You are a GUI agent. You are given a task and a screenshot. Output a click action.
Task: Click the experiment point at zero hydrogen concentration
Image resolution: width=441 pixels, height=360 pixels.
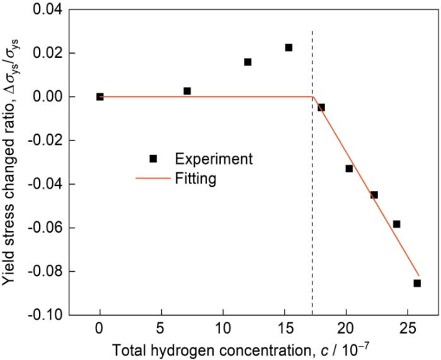click(x=100, y=96)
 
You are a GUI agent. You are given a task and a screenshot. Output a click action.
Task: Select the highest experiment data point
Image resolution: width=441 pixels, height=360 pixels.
click(x=289, y=47)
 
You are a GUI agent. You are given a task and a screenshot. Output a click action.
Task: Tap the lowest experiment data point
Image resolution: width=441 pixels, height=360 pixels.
click(x=417, y=283)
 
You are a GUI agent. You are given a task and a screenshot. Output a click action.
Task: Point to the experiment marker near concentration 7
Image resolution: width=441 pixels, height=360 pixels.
click(x=187, y=91)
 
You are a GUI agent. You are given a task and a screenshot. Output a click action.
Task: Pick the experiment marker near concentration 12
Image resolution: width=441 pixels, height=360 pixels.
click(x=248, y=62)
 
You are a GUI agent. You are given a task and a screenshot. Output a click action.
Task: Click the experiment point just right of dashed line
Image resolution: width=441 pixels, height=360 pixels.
click(x=321, y=107)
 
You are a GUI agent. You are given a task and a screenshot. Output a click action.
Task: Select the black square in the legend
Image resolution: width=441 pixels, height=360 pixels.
click(x=153, y=158)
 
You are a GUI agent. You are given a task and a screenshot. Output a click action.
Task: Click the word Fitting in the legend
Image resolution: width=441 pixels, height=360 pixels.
click(x=196, y=179)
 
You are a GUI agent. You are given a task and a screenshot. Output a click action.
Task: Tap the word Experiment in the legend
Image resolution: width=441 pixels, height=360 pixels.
click(x=214, y=158)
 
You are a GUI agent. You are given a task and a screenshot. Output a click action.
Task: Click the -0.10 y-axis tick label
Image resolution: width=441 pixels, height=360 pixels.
click(x=45, y=315)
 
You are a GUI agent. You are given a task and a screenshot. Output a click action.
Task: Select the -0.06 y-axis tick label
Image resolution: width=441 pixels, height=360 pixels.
click(x=45, y=228)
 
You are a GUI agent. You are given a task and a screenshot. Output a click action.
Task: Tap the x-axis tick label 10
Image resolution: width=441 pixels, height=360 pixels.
click(x=222, y=328)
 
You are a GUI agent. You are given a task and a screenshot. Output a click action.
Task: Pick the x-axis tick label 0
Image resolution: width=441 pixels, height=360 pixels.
click(x=100, y=328)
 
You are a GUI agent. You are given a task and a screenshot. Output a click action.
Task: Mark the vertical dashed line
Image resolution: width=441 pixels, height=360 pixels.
click(x=312, y=202)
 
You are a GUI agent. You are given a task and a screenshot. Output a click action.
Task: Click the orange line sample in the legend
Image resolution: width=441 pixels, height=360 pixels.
click(x=153, y=179)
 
